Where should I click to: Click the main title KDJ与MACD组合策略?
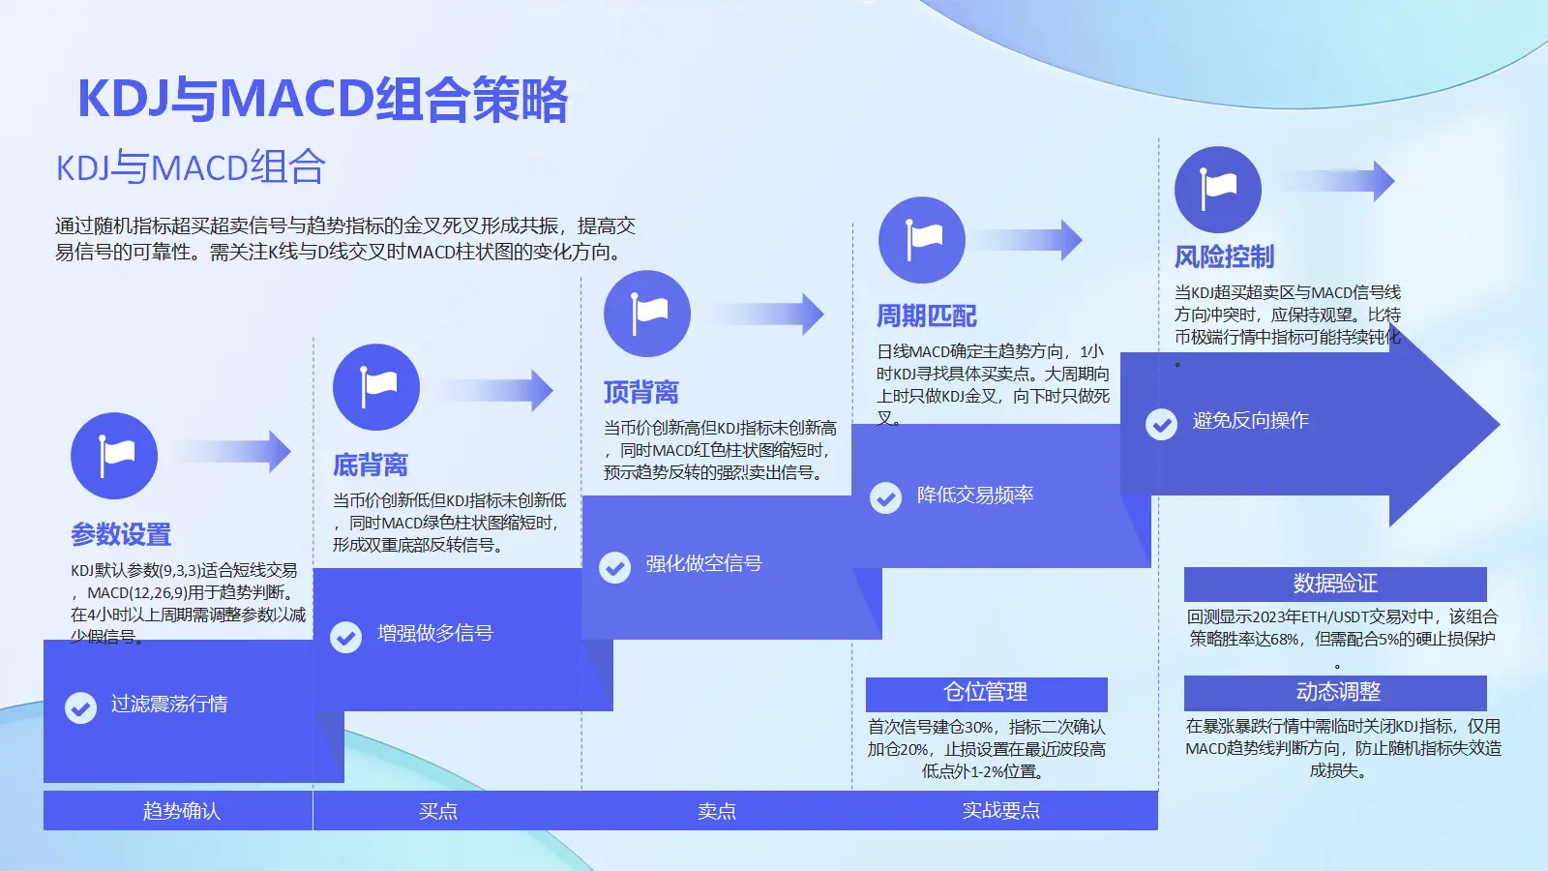pos(322,99)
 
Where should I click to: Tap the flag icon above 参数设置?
pos(114,456)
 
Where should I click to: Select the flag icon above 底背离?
pos(376,387)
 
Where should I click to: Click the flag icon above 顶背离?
pos(647,314)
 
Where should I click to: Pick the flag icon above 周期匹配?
pos(922,240)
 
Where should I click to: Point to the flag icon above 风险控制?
pos(1218,190)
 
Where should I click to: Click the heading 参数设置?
pos(121,534)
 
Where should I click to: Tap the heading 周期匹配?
pos(926,316)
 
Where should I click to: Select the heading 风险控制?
pos(1224,257)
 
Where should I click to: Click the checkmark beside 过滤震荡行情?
pos(80,707)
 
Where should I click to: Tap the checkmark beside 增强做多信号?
pos(346,637)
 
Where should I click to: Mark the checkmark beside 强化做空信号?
pos(615,567)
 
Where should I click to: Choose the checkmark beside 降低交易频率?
pos(885,497)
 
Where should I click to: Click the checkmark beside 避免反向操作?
pos(1161,424)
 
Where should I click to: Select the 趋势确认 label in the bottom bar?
pos(181,811)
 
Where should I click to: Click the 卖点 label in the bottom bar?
pos(717,811)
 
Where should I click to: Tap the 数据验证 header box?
pos(1335,584)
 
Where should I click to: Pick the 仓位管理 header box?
pos(986,692)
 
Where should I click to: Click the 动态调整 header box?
pos(1335,692)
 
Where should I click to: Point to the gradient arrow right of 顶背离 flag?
pos(769,314)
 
